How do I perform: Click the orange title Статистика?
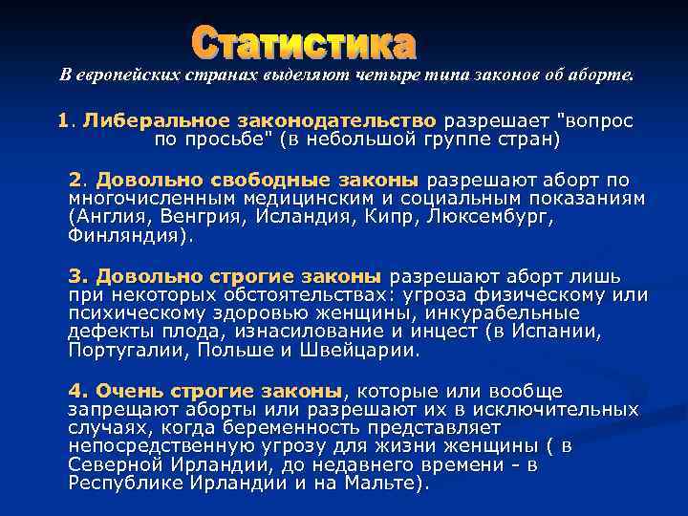coord(304,43)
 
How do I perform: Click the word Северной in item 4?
coord(112,464)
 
